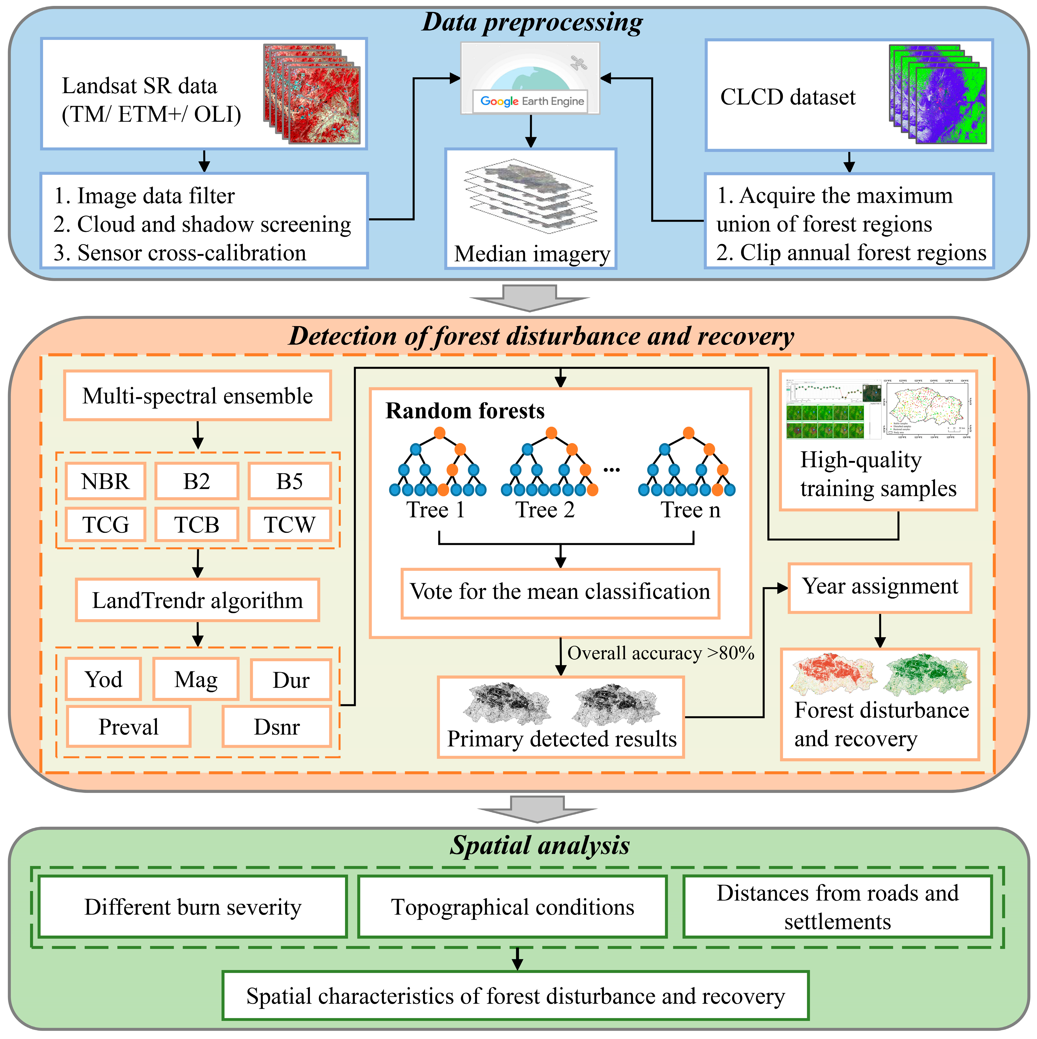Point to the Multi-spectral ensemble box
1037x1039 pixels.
tap(197, 396)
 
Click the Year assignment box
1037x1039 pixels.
tap(880, 587)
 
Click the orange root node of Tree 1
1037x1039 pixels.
tap(440, 433)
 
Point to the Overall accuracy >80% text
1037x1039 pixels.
tap(661, 653)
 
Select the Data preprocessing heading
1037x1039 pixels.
tap(531, 23)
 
